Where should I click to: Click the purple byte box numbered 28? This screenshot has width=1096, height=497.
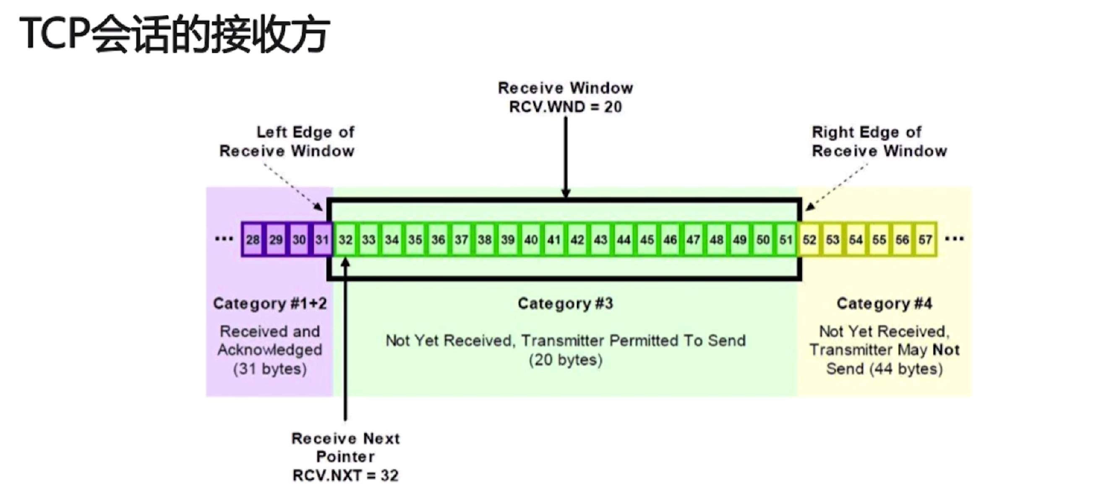click(253, 240)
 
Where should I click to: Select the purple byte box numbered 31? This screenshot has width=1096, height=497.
click(322, 240)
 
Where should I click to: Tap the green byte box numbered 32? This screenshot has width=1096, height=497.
click(345, 240)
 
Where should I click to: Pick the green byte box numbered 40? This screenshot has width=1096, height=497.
click(530, 240)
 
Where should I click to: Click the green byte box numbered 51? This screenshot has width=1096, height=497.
click(786, 240)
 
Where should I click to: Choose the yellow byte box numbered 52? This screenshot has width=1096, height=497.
click(809, 240)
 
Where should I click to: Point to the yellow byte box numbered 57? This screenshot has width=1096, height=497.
click(925, 240)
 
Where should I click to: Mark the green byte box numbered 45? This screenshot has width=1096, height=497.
click(647, 240)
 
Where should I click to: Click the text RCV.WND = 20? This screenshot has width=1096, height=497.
click(566, 107)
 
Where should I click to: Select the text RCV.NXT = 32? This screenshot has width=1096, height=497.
click(345, 475)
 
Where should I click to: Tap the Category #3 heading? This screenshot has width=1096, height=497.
click(566, 303)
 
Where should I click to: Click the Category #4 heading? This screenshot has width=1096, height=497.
click(884, 303)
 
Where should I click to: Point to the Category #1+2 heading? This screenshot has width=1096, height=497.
click(270, 303)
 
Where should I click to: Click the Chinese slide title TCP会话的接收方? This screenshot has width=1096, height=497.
click(175, 34)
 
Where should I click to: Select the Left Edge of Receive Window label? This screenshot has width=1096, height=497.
click(287, 141)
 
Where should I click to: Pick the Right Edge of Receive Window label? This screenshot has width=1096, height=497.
click(879, 141)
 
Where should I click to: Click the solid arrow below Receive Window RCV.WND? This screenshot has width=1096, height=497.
click(566, 157)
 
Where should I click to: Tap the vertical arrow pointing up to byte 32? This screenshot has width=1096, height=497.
click(345, 340)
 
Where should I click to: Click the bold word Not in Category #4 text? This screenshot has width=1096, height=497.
click(946, 350)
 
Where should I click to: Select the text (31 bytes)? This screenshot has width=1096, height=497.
click(270, 369)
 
